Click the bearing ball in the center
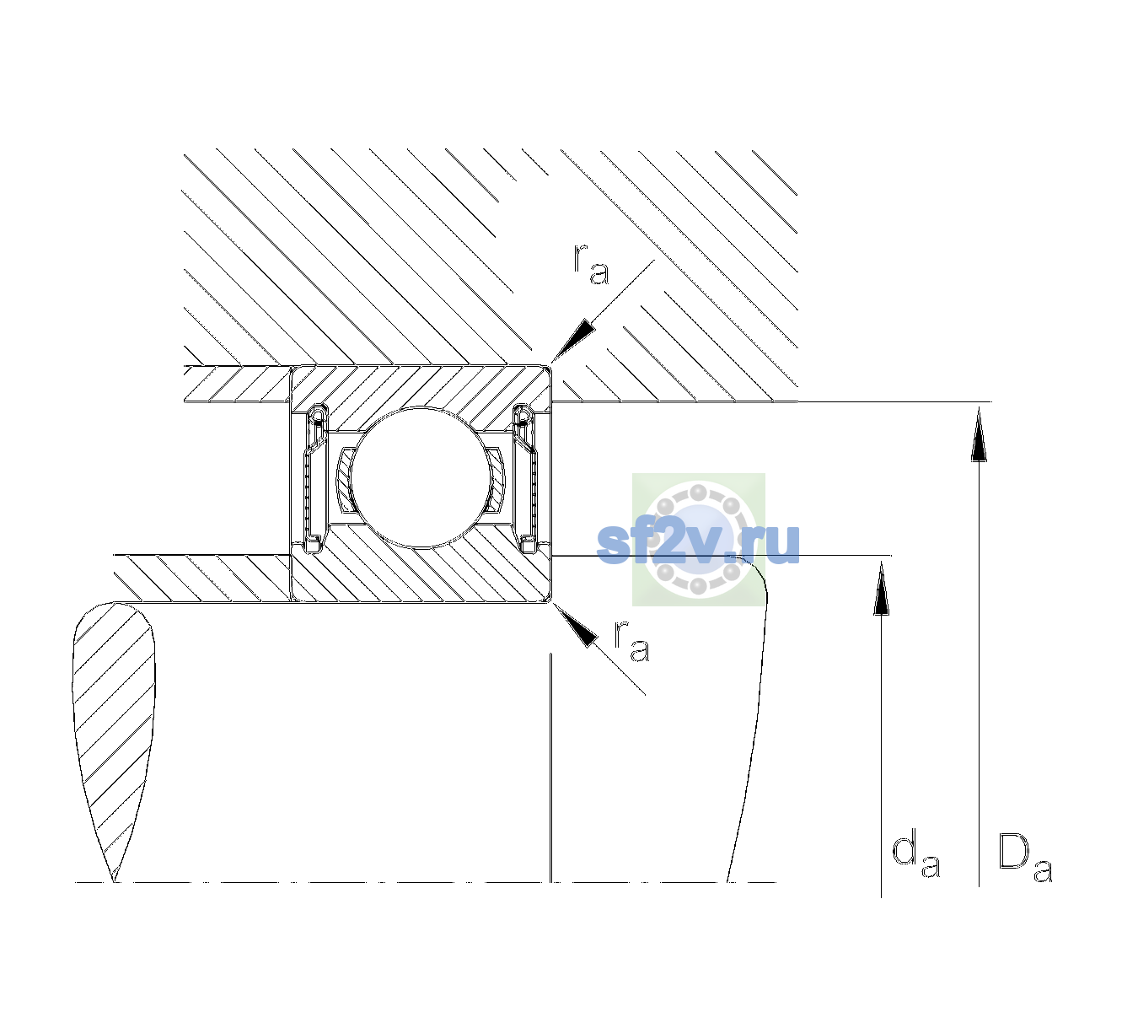(421, 477)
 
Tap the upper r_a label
(591, 264)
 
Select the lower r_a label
(631, 641)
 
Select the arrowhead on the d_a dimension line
(881, 588)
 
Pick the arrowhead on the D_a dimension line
(979, 433)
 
